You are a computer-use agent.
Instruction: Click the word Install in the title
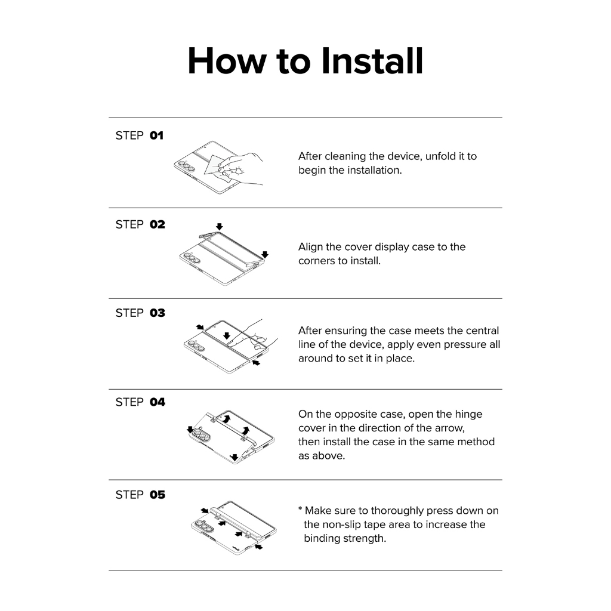coord(372,61)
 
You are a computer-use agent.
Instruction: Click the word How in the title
coord(227,61)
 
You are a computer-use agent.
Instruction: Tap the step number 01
coord(157,135)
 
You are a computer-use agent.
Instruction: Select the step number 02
coord(158,224)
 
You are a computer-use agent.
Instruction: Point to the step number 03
coord(158,313)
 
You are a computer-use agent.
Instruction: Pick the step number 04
coord(158,402)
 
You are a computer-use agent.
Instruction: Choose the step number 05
coord(158,495)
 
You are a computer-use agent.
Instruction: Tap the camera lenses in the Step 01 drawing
coord(185,166)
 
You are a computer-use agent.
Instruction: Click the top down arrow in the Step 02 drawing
coord(220,226)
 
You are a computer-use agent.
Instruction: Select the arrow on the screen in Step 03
coord(227,335)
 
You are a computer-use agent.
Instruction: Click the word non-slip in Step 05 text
coord(343,525)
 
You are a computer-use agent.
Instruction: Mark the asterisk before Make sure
coord(301,508)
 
